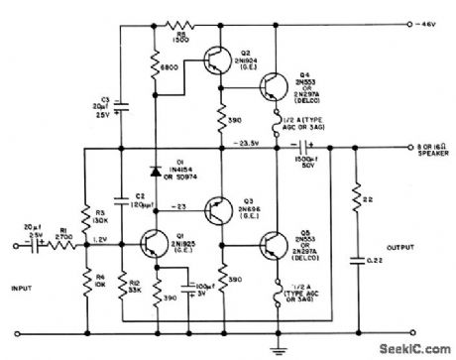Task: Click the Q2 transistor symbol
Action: tap(217, 60)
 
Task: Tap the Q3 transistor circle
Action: tap(217, 209)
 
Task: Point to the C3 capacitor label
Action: tap(105, 100)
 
